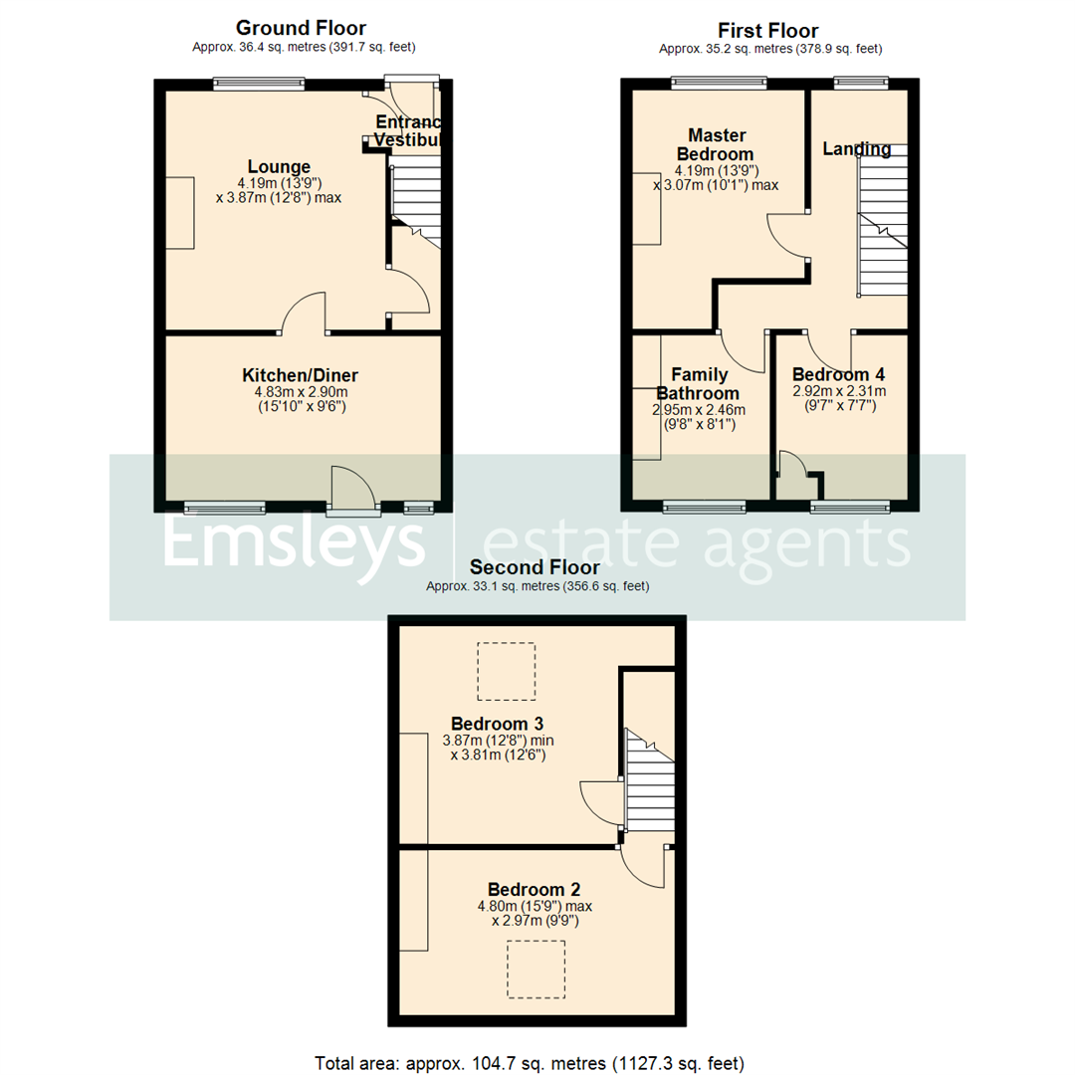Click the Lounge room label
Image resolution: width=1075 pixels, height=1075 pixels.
[x=279, y=166]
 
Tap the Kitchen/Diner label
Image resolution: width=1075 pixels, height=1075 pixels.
[x=300, y=375]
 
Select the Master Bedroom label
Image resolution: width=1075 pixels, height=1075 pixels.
[x=715, y=144]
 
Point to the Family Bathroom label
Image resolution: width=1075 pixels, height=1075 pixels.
[x=699, y=384]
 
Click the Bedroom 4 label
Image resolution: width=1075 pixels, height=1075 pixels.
[x=838, y=375]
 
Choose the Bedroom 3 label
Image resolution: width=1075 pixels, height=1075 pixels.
[x=497, y=723]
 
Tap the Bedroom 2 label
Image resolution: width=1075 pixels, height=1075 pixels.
[x=535, y=889]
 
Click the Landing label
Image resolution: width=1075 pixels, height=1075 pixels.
[x=856, y=149]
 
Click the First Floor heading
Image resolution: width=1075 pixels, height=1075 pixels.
[x=769, y=31]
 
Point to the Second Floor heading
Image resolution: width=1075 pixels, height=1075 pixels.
[x=537, y=567]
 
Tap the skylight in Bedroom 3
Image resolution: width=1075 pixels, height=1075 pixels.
[x=506, y=671]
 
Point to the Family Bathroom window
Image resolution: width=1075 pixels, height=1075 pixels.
[x=704, y=507]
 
